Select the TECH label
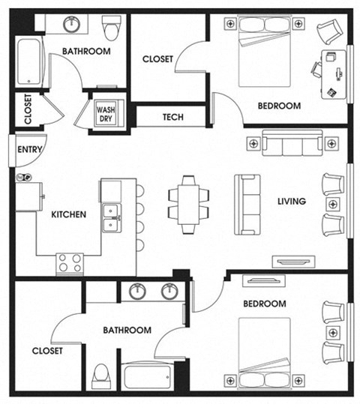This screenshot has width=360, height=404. [173, 118]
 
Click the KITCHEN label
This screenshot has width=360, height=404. [68, 214]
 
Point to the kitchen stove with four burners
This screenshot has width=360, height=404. [70, 262]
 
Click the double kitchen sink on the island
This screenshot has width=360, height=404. [112, 217]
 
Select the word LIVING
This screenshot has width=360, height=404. [291, 201]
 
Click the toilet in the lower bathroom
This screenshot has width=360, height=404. [100, 376]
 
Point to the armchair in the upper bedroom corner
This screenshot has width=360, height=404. [328, 31]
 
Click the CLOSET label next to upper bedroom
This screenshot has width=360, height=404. [157, 58]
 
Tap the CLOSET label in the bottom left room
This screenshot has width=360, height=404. [47, 350]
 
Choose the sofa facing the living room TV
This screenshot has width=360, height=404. [247, 204]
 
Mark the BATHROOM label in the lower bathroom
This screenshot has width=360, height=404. [127, 330]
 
